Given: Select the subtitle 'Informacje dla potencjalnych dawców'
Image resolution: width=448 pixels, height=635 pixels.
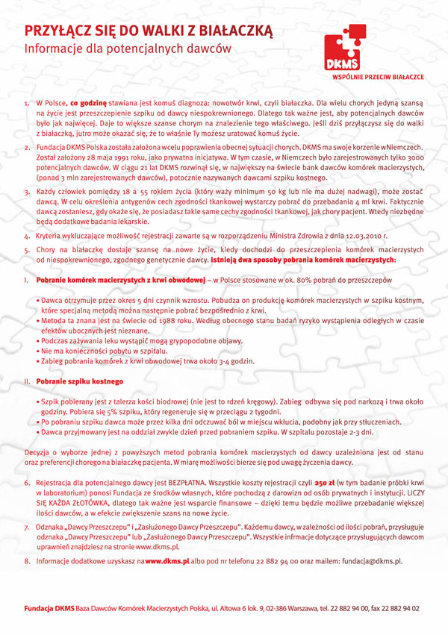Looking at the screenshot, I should click(x=128, y=49).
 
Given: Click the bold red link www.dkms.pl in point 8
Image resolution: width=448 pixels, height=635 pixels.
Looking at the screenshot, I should click(x=169, y=560).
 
